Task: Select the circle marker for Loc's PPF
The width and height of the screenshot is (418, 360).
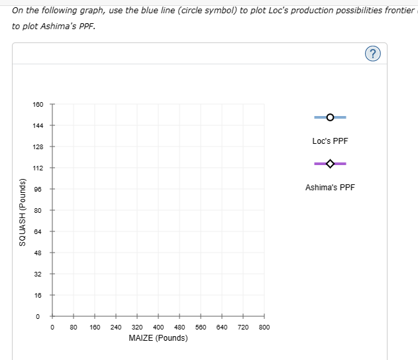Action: click(x=330, y=117)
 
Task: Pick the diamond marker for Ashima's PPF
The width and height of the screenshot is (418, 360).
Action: click(x=330, y=164)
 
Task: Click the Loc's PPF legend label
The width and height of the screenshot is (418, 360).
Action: click(x=330, y=141)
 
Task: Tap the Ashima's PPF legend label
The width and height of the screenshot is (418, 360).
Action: click(x=330, y=188)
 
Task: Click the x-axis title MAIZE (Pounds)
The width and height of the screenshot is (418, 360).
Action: click(x=158, y=338)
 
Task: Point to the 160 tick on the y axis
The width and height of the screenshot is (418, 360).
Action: click(x=38, y=104)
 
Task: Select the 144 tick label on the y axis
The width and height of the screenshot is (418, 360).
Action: click(x=38, y=125)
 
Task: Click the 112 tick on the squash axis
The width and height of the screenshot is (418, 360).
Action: click(x=38, y=168)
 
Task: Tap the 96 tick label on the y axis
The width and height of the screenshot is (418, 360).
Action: click(x=38, y=189)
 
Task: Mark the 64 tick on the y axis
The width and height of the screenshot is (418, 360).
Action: click(x=38, y=231)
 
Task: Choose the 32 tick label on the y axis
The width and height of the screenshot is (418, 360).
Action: click(x=38, y=274)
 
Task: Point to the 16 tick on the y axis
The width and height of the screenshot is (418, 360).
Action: click(x=38, y=295)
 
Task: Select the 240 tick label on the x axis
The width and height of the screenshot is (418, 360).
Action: click(x=115, y=327)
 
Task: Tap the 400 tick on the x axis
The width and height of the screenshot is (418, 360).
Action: click(x=158, y=327)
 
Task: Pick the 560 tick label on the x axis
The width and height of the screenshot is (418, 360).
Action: click(x=200, y=327)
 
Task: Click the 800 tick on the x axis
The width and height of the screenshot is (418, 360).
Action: click(x=264, y=327)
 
